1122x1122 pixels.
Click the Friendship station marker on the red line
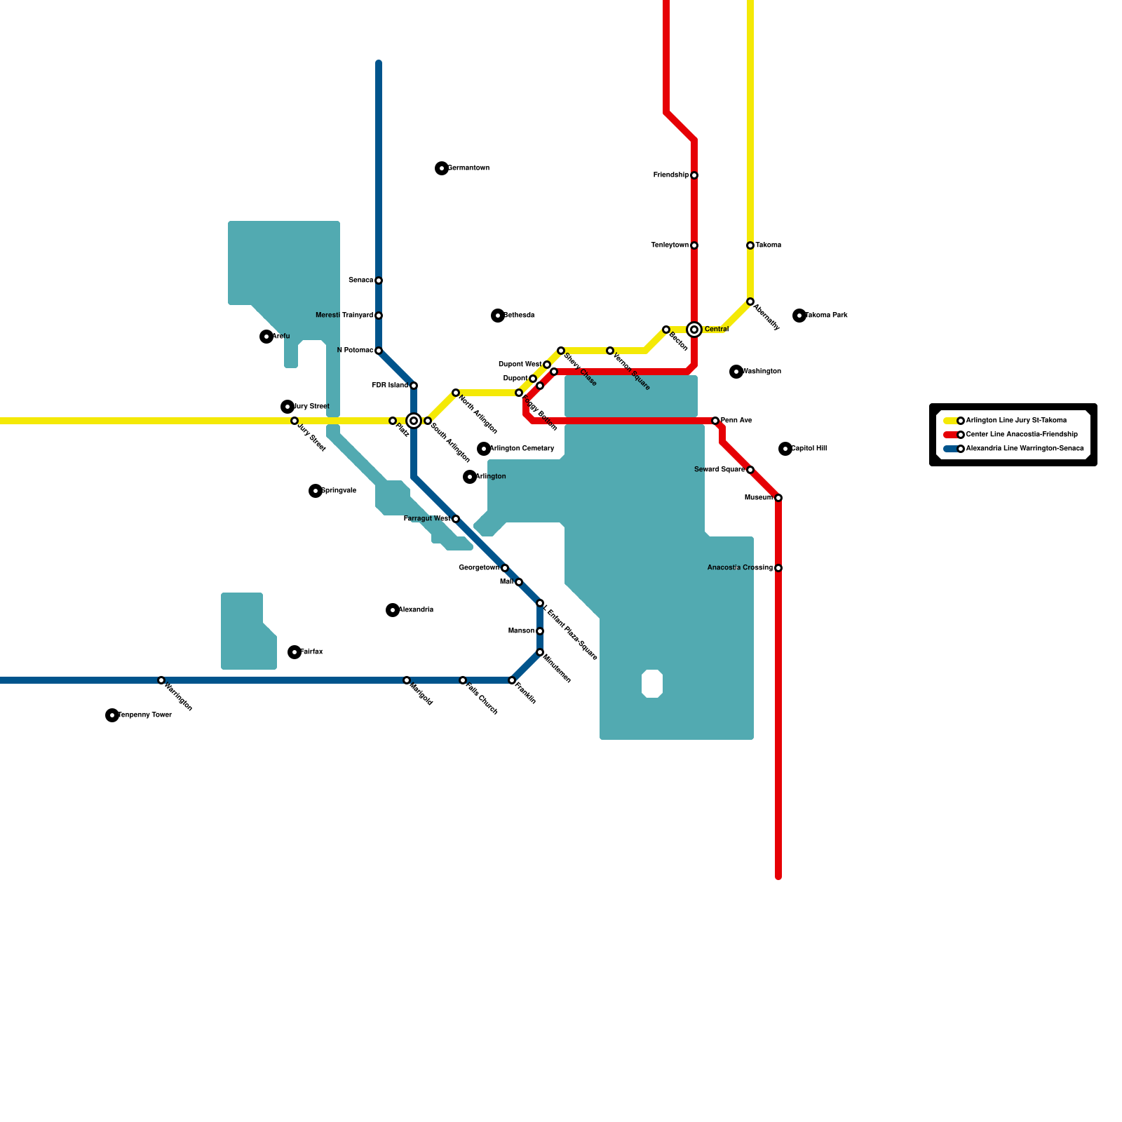[694, 175]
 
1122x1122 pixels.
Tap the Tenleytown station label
[670, 245]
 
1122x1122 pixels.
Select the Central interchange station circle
[694, 330]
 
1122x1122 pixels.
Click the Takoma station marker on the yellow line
[750, 245]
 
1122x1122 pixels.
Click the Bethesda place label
[519, 316]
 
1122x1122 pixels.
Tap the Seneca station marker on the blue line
[379, 280]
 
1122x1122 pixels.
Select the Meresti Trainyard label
[344, 316]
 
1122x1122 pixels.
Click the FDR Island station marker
[414, 386]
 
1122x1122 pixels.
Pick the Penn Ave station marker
[715, 421]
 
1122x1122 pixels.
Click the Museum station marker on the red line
[778, 498]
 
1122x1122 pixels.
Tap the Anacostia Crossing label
[740, 568]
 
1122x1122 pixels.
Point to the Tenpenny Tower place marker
[112, 715]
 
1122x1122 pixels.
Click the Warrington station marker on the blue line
[161, 680]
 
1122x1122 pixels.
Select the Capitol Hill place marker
[785, 449]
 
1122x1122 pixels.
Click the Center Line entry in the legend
[1021, 435]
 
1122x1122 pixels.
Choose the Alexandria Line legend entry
[1024, 449]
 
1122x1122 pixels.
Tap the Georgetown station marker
[505, 568]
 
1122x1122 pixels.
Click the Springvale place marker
[316, 491]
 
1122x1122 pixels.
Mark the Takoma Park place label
[826, 316]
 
